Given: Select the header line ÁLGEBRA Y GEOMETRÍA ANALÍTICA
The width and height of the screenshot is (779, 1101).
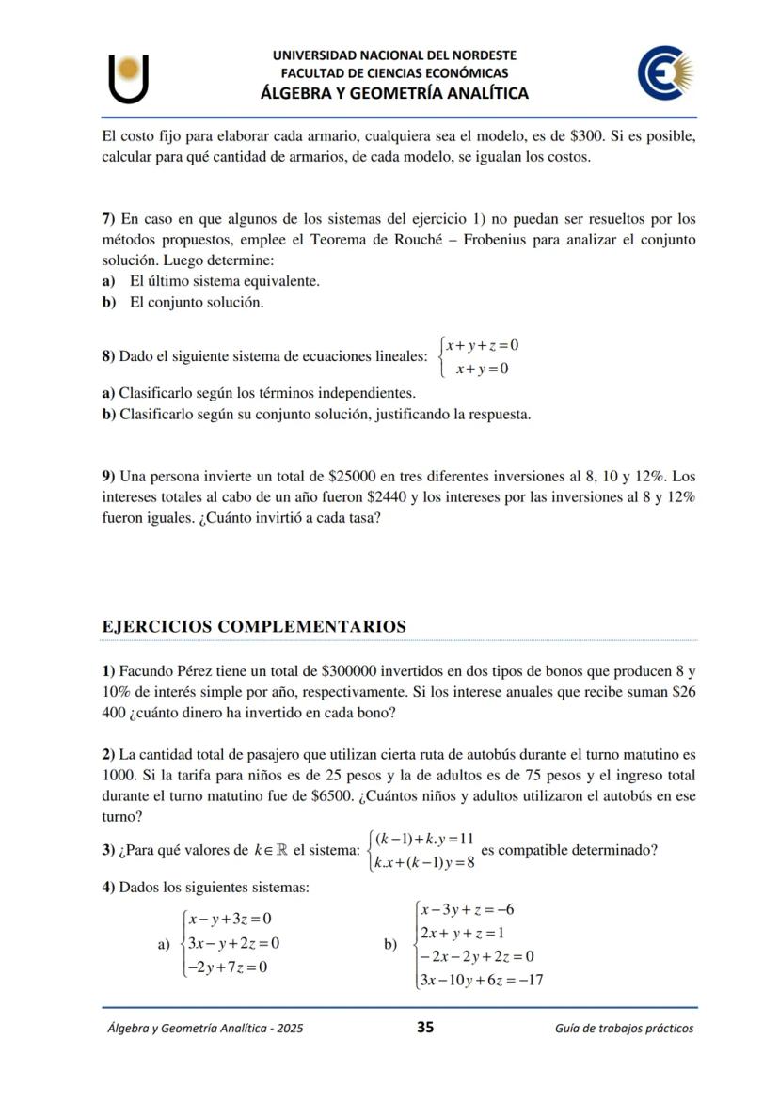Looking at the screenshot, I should (394, 93).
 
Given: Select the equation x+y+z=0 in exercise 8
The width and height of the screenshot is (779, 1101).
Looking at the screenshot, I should (483, 345).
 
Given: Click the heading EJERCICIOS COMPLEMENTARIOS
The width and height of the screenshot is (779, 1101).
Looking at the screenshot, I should (254, 626).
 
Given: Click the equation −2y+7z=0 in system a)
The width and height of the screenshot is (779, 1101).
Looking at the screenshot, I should (227, 967).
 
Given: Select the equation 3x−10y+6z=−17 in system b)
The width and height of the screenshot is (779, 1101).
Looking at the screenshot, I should (483, 980).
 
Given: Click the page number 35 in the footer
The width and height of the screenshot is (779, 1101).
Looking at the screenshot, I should (424, 1027).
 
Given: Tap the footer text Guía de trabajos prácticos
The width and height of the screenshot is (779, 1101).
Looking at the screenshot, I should (624, 1028).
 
